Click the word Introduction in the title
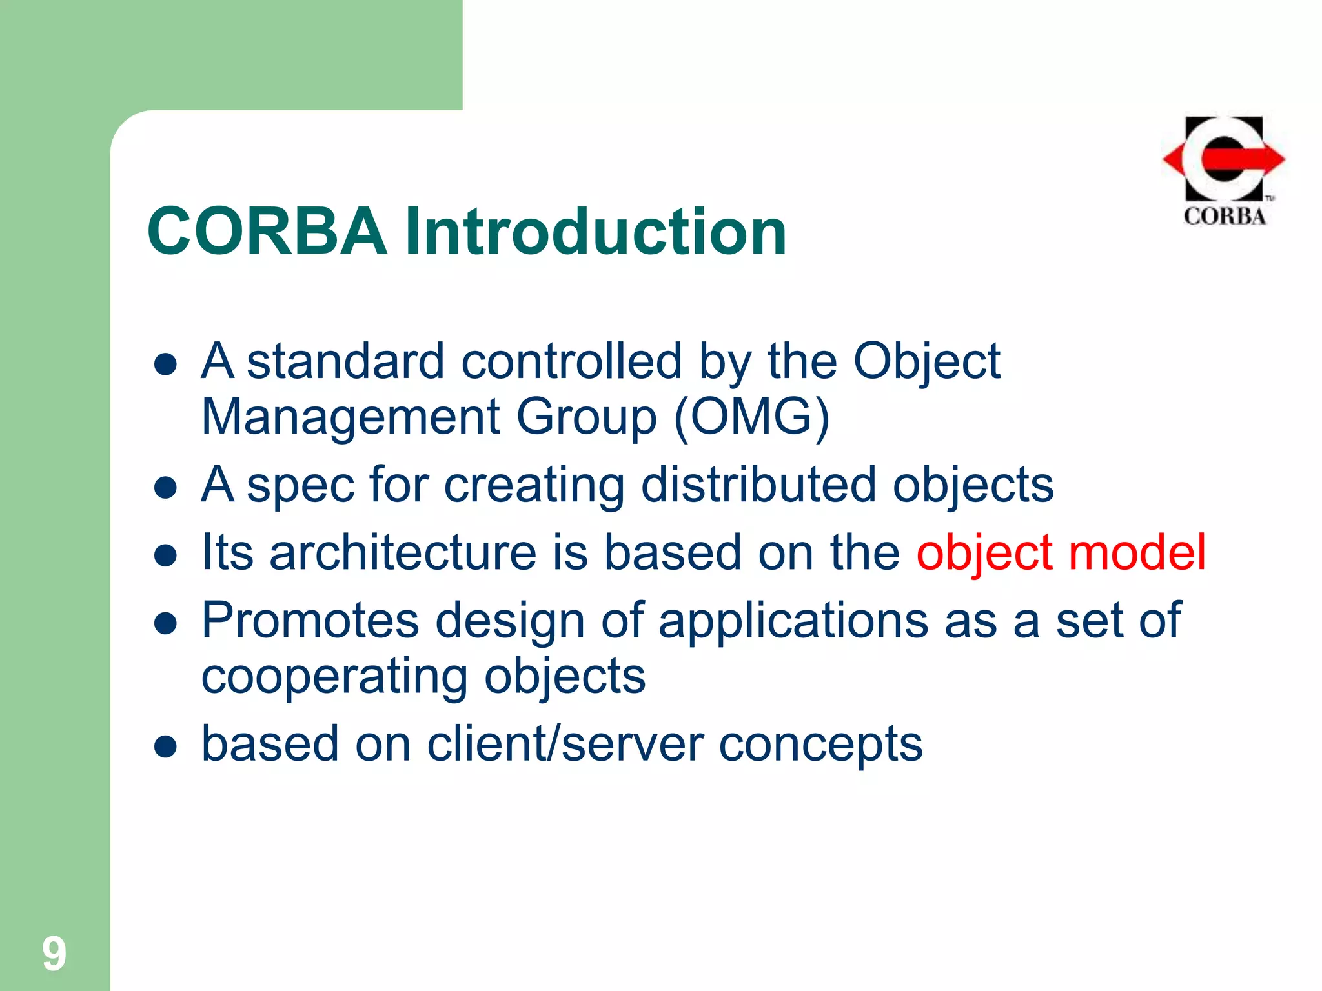[595, 231]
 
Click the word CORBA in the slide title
[267, 231]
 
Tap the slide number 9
[54, 954]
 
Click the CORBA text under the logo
[1225, 216]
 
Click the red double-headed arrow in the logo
[1223, 159]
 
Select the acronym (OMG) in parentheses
[751, 417]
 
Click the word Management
[351, 417]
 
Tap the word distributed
[758, 485]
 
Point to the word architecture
[403, 552]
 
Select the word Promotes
[310, 620]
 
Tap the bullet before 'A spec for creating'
[166, 488]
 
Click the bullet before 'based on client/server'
[166, 747]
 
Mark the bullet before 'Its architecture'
[166, 556]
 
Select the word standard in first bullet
[346, 361]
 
